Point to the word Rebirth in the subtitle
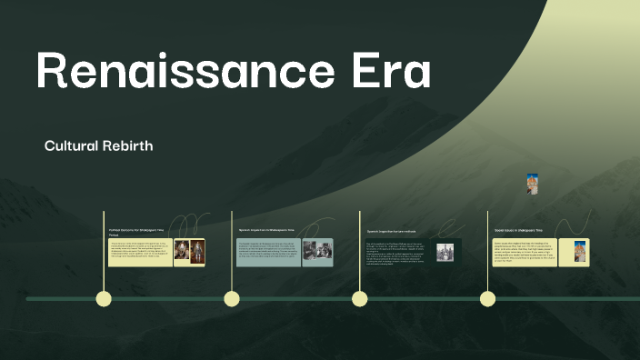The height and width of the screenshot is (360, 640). tap(128, 145)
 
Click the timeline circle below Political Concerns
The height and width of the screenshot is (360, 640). tap(104, 298)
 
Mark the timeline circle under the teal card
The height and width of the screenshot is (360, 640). tap(232, 298)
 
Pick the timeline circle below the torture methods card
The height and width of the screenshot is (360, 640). tap(360, 298)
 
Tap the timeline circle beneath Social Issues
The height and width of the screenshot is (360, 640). tap(487, 298)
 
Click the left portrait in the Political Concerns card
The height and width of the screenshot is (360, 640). tap(182, 252)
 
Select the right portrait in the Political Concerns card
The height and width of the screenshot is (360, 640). tap(197, 252)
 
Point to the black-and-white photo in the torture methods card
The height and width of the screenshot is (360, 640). tap(445, 252)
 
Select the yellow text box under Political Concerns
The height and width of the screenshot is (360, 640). tap(140, 252)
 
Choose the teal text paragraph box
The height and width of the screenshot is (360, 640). tap(269, 252)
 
